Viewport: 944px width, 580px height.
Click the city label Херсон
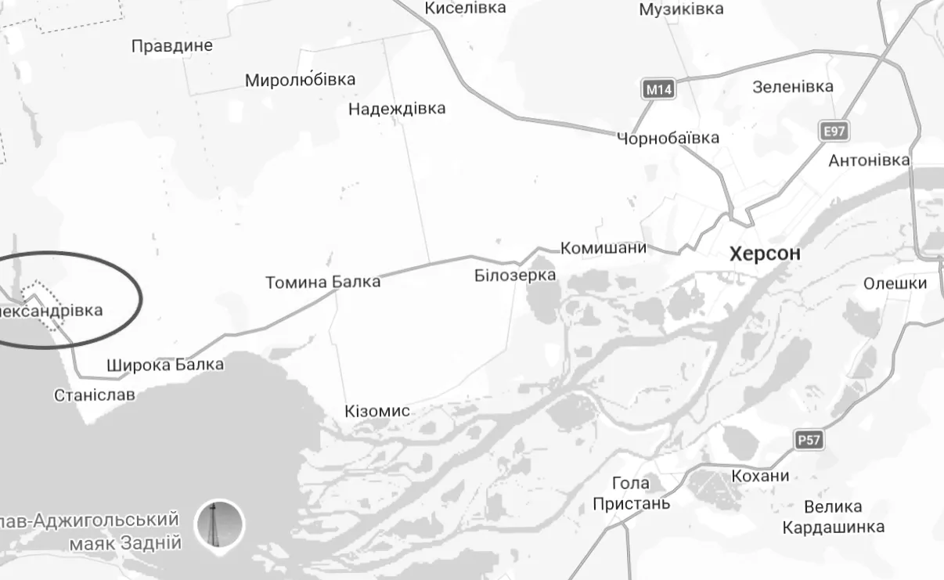765,254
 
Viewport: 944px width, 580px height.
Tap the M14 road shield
658,89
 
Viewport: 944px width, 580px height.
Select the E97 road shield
834,131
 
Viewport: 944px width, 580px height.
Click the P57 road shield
809,440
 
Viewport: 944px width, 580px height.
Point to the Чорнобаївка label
668,139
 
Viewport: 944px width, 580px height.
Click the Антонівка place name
869,160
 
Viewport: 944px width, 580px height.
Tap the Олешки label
895,283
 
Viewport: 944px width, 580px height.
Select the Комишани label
604,248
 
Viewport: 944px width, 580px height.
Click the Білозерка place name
515,276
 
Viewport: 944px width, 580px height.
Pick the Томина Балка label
322,282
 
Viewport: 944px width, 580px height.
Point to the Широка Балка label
164,365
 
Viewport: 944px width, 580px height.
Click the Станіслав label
94,395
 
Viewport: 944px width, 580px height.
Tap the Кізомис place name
377,412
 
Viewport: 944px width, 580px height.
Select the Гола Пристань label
631,493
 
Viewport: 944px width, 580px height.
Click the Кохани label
759,476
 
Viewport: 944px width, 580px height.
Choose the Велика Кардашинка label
833,517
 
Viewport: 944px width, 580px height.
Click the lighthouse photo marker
219,524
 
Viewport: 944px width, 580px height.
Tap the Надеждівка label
397,109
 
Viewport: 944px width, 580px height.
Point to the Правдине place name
172,45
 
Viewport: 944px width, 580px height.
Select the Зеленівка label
793,87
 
